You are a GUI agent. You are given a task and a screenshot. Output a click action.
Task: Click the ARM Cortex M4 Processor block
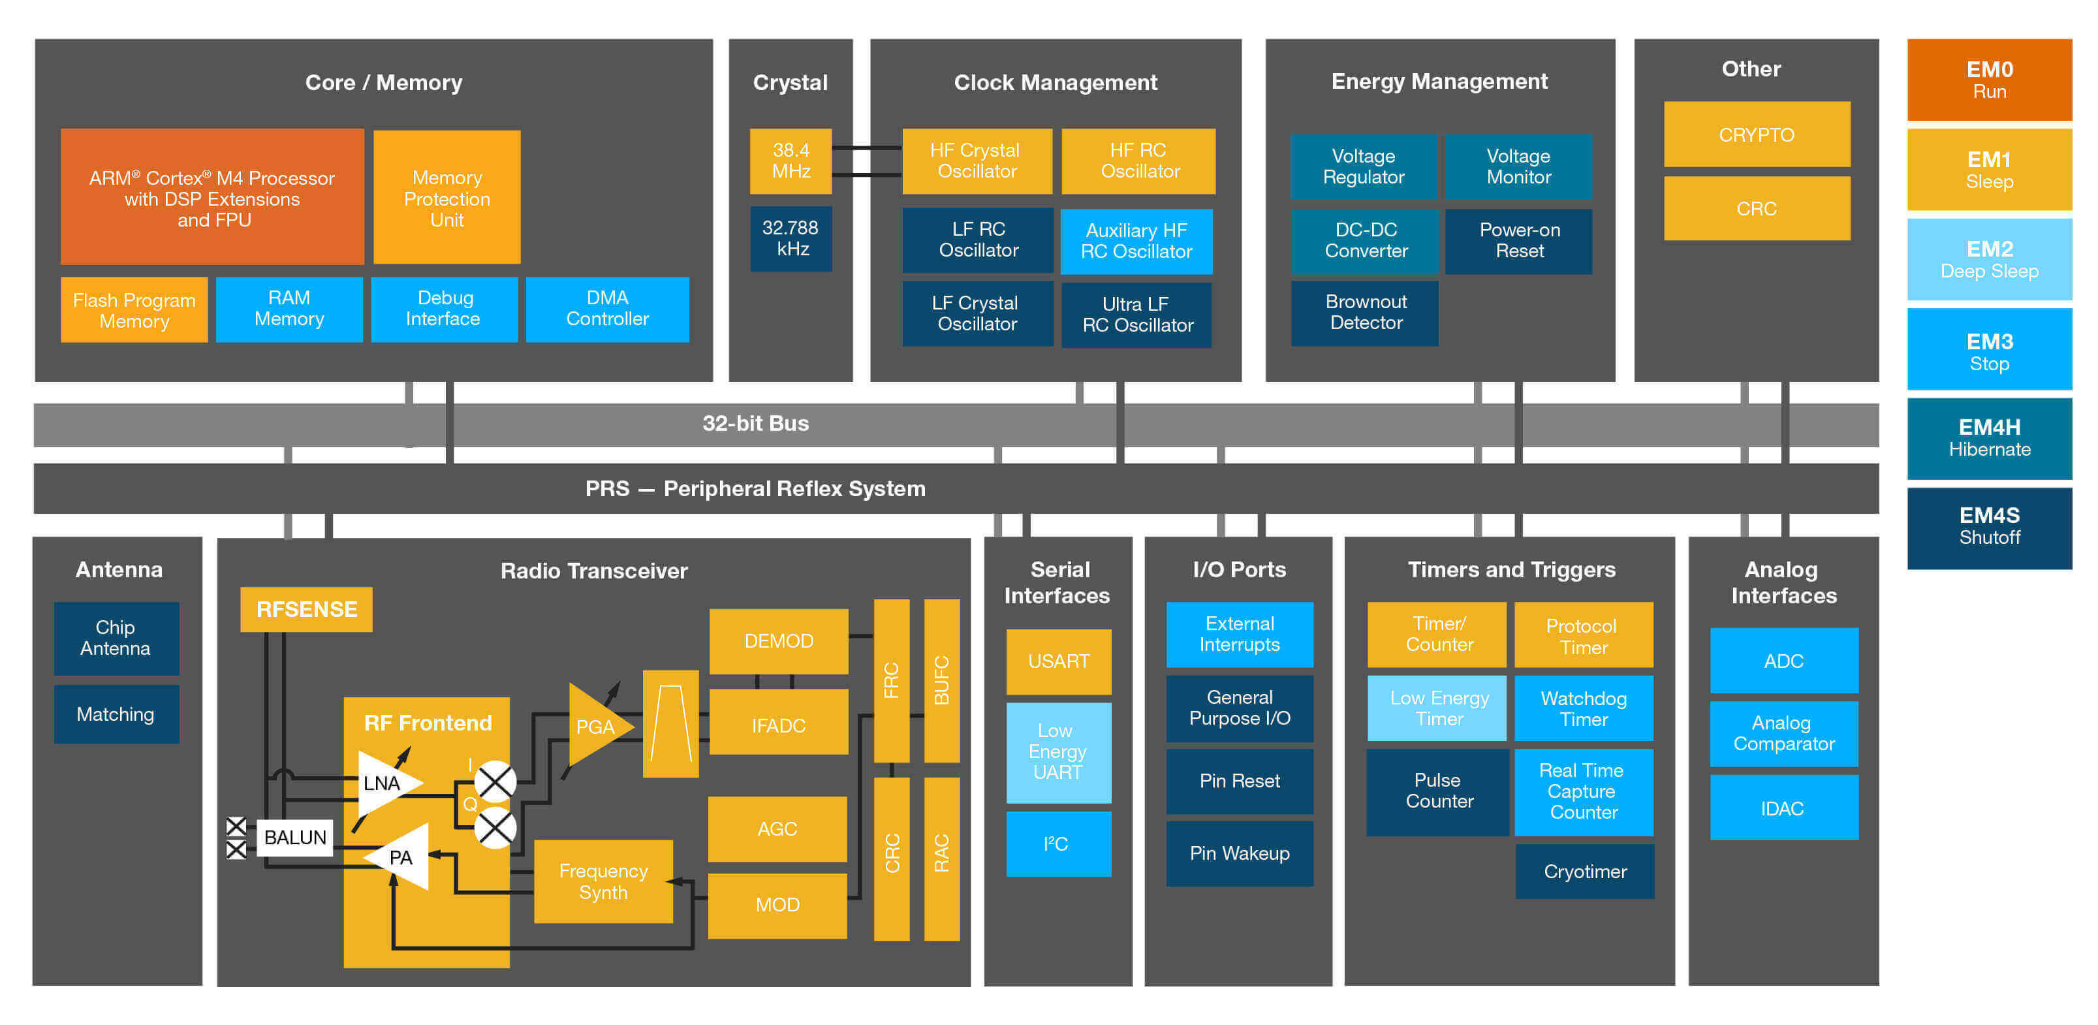[x=211, y=197]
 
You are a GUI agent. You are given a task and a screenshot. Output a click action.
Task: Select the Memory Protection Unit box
[x=446, y=197]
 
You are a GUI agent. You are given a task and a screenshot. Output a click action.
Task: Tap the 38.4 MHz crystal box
[x=790, y=161]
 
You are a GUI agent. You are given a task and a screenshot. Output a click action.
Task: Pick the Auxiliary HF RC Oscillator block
[x=1136, y=241]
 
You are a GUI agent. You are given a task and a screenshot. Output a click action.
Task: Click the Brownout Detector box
[x=1365, y=313]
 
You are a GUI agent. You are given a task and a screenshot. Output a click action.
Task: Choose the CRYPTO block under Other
[x=1756, y=134]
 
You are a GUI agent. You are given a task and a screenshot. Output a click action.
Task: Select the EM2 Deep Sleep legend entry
[x=1989, y=259]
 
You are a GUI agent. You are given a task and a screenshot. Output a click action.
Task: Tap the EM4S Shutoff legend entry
[x=1989, y=526]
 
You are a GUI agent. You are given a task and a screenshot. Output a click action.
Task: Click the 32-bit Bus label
[x=755, y=424]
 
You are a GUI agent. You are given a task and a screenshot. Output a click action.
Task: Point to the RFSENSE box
[x=306, y=610]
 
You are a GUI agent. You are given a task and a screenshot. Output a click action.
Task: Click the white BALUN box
[x=295, y=838]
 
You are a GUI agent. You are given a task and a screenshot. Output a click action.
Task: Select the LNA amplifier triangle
[x=384, y=783]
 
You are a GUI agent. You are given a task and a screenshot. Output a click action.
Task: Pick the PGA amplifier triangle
[x=595, y=726]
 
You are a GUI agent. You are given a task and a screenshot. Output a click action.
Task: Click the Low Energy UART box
[x=1058, y=751]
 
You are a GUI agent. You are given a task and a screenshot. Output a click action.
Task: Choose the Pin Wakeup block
[x=1239, y=853]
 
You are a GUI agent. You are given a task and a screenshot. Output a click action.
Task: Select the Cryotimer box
[x=1584, y=871]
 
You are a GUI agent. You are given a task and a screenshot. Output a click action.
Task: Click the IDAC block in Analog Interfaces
[x=1783, y=808]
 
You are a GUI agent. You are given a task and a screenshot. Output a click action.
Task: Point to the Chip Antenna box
[x=116, y=638]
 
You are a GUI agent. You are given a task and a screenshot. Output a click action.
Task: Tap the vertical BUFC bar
[x=941, y=680]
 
